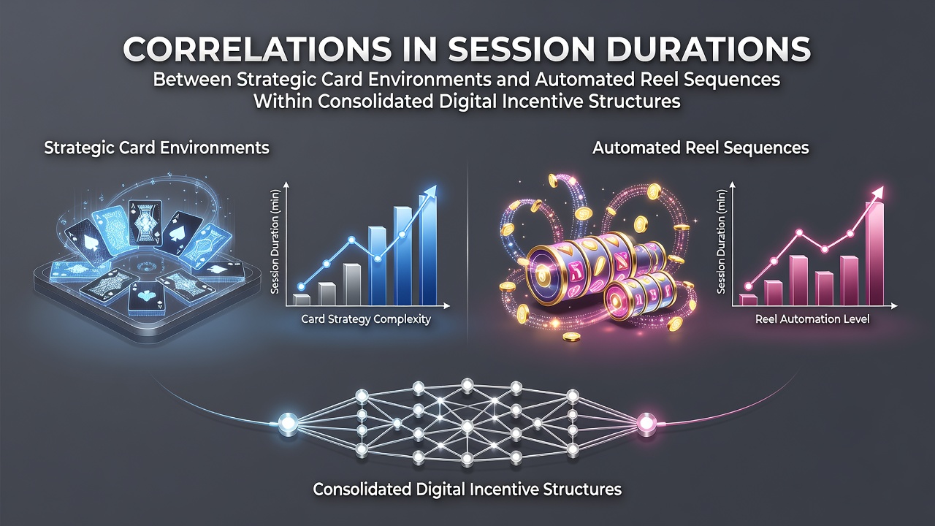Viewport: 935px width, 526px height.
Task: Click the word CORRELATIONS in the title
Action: point(257,49)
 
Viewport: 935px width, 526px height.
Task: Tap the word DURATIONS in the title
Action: point(709,49)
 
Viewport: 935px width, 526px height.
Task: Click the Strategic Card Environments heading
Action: point(156,148)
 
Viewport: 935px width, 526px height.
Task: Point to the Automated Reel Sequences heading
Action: point(701,148)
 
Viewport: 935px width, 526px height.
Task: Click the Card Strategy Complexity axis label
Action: point(366,319)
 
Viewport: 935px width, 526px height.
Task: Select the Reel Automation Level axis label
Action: point(812,319)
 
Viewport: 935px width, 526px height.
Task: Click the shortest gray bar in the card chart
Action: point(302,300)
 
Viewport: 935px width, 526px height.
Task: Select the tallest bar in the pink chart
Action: point(874,254)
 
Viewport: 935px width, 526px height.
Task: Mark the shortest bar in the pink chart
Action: point(748,300)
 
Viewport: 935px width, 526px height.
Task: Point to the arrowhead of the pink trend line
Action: point(877,192)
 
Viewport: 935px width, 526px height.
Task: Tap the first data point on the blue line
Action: point(301,287)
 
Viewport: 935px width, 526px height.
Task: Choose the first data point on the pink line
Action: point(748,286)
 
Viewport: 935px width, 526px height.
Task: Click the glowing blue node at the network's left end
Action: point(288,423)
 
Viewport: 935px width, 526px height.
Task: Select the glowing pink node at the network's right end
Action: point(646,423)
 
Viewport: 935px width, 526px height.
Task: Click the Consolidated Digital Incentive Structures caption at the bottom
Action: point(467,489)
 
